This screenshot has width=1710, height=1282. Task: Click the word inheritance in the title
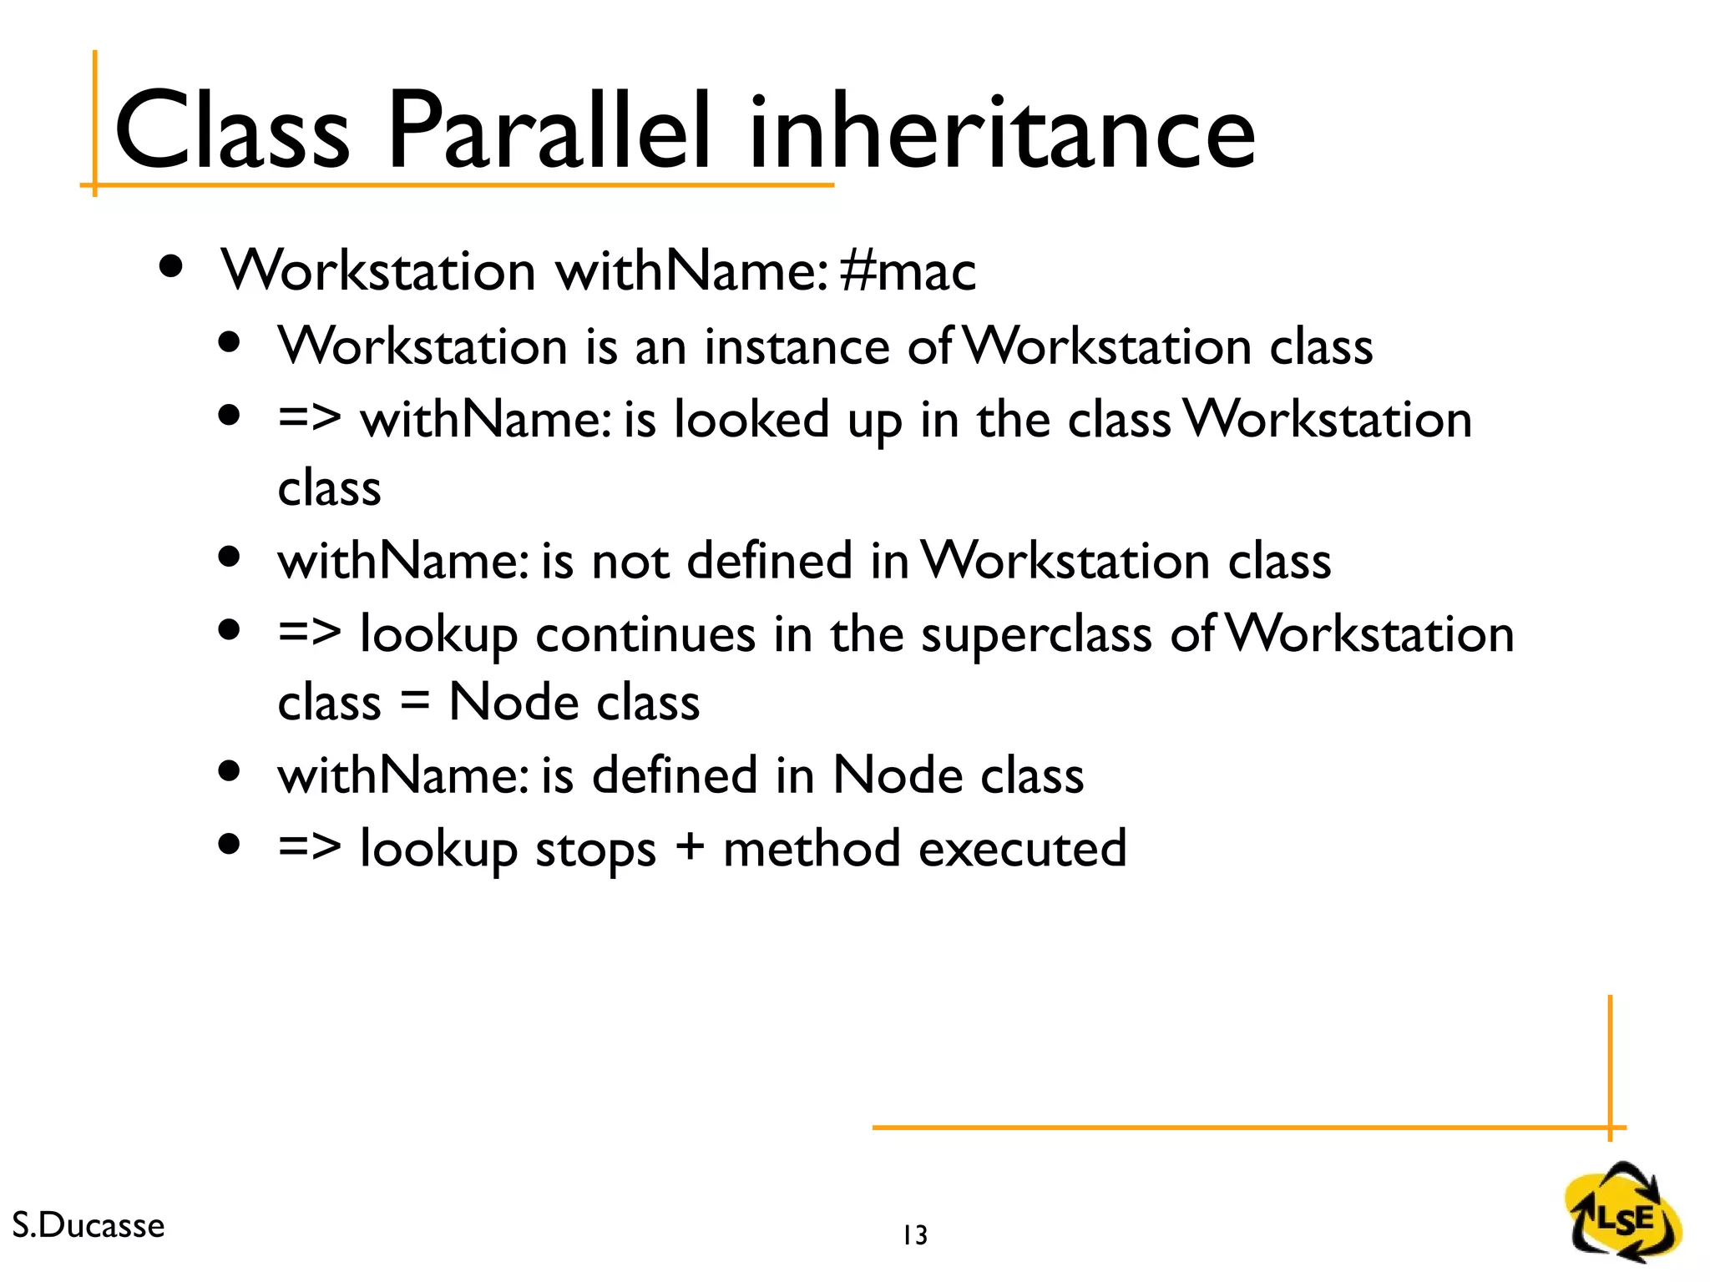pos(1001,132)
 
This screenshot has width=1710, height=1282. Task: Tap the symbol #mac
pos(908,271)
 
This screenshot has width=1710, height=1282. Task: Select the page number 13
pos(915,1235)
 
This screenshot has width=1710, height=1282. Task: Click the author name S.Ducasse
pos(89,1225)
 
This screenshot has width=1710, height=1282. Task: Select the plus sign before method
pos(690,850)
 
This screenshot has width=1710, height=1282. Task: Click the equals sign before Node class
pos(414,703)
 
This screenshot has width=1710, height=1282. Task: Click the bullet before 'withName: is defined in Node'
pos(229,771)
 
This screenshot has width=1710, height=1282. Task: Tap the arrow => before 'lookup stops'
pos(309,848)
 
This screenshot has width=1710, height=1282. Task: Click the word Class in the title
pos(231,132)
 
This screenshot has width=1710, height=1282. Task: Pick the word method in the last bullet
pos(812,849)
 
